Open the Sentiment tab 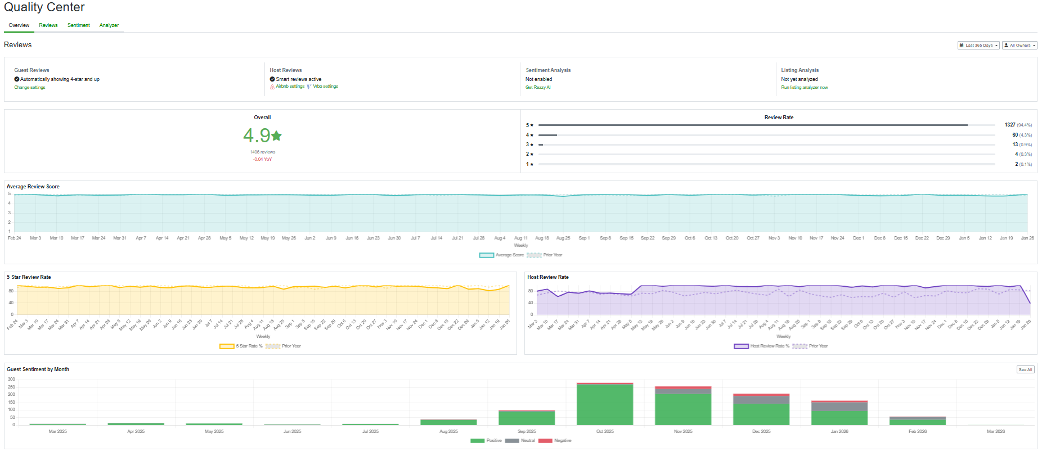tap(78, 25)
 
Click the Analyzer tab tap(109, 25)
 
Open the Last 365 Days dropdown tap(978, 46)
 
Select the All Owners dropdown tap(1019, 46)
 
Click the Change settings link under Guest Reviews tap(30, 88)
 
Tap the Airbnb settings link tap(290, 87)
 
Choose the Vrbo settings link tap(325, 87)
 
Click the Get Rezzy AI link tap(538, 88)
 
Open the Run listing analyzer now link tap(804, 88)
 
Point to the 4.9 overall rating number tap(257, 136)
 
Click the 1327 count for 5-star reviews tap(1009, 125)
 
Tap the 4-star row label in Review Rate tap(529, 135)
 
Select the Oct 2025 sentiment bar tap(605, 404)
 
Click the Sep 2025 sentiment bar tap(527, 418)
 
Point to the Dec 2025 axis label tap(761, 432)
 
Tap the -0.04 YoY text tap(262, 160)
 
